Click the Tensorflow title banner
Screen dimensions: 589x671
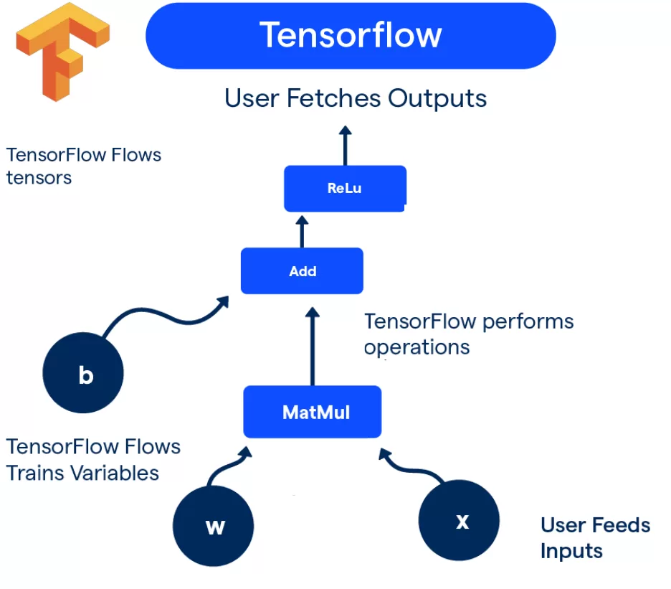pos(351,35)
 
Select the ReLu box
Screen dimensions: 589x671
pos(345,189)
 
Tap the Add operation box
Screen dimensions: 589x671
pos(302,271)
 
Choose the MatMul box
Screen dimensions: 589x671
pos(313,412)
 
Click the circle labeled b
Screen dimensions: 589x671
pos(84,374)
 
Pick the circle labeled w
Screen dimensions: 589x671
pos(214,527)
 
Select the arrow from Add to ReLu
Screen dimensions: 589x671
pos(302,231)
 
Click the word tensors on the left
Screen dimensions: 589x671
pos(39,177)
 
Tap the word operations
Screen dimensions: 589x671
pos(417,347)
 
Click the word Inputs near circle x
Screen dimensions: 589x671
pos(571,551)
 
